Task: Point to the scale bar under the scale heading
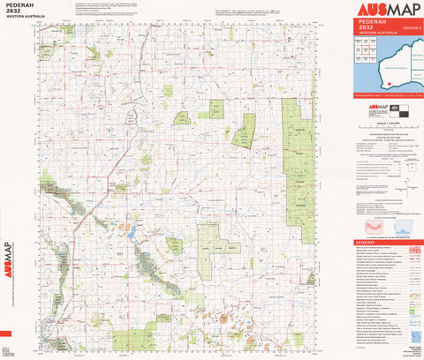387,128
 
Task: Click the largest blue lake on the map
131,233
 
